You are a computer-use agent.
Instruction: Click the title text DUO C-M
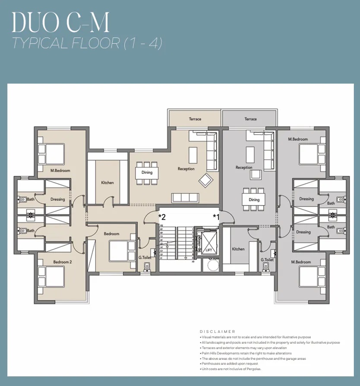pyautogui.click(x=60, y=22)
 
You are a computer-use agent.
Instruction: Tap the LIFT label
pyautogui.click(x=208, y=250)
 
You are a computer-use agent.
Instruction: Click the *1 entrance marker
pyautogui.click(x=216, y=216)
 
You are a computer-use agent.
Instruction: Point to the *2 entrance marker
pyautogui.click(x=162, y=216)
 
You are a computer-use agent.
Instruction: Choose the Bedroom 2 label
pyautogui.click(x=63, y=262)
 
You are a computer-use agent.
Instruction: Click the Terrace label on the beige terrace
pyautogui.click(x=195, y=119)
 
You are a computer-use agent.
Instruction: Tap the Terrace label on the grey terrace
pyautogui.click(x=250, y=119)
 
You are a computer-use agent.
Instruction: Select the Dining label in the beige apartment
pyautogui.click(x=147, y=173)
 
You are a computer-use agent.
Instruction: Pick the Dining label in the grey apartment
pyautogui.click(x=254, y=199)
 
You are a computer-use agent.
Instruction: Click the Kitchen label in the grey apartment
pyautogui.click(x=238, y=249)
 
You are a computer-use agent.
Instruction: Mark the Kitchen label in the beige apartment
pyautogui.click(x=107, y=183)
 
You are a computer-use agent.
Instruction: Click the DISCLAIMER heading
pyautogui.click(x=218, y=332)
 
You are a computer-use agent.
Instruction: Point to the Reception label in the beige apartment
pyautogui.click(x=186, y=169)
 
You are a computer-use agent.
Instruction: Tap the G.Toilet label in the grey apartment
pyautogui.click(x=267, y=260)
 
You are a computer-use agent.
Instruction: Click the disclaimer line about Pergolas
pyautogui.click(x=231, y=369)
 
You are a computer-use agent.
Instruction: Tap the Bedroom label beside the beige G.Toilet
pyautogui.click(x=111, y=234)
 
